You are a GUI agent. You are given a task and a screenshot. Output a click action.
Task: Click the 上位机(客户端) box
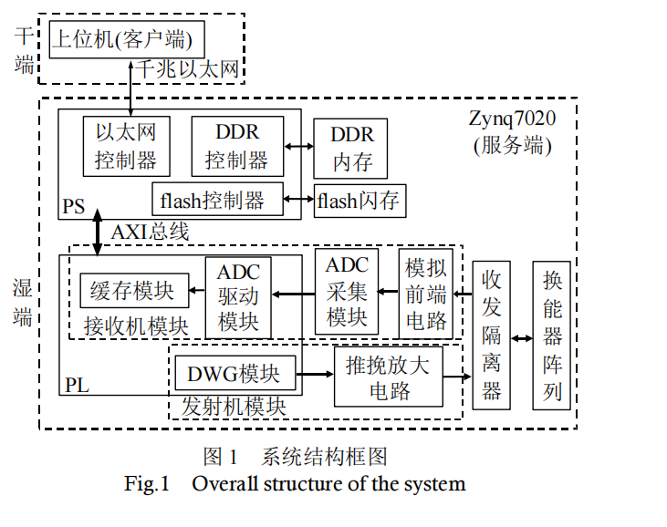point(126,39)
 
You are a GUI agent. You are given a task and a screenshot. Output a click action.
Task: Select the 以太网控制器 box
point(126,147)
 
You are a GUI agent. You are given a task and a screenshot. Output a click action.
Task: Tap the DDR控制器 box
point(236,147)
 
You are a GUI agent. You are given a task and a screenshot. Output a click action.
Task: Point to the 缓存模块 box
point(132,292)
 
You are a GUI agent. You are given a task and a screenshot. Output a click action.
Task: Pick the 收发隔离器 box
point(493,335)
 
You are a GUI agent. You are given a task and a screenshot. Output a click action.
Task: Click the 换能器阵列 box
point(552,335)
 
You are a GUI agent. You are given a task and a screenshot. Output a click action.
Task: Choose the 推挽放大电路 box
point(389,377)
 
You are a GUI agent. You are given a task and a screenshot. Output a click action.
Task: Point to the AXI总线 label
point(150,232)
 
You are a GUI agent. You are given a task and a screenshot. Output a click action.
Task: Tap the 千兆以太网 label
point(187,69)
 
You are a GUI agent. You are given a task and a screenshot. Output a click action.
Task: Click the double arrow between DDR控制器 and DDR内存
point(297,146)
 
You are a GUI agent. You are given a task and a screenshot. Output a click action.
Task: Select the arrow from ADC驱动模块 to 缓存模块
point(196,293)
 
